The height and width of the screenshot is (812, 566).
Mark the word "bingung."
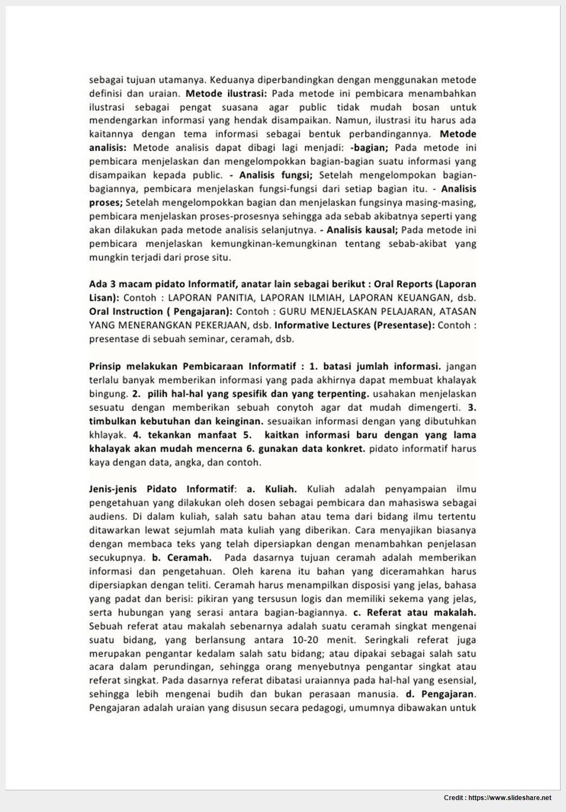point(108,394)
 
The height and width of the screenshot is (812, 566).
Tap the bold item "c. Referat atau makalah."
point(415,613)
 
